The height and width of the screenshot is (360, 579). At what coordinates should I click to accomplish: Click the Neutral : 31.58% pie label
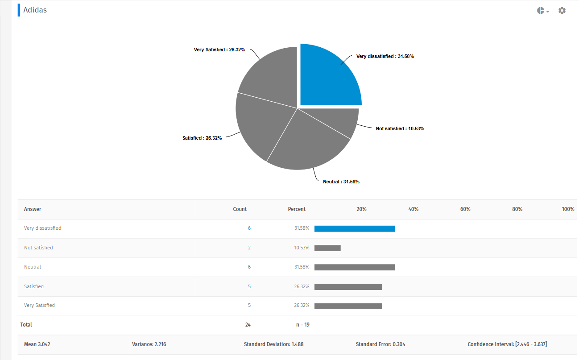[x=341, y=182]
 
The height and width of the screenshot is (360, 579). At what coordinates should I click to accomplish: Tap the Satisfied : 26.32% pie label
[x=202, y=138]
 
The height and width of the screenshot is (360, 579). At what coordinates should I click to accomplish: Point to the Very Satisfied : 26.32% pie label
[x=219, y=50]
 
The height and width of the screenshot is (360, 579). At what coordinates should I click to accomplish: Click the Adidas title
[x=35, y=10]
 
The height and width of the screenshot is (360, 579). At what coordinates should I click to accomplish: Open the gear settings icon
[x=562, y=10]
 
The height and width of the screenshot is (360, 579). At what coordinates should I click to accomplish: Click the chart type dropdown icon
[x=543, y=11]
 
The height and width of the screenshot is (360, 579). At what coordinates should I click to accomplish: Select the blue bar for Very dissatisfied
[x=355, y=228]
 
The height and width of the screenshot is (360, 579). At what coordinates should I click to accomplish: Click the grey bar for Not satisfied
[x=327, y=248]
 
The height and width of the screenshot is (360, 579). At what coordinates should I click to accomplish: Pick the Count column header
[x=240, y=209]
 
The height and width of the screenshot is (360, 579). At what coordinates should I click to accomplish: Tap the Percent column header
[x=297, y=209]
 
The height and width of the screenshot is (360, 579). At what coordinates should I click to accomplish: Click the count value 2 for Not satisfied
[x=249, y=248]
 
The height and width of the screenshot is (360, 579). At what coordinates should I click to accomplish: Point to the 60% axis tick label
[x=465, y=209]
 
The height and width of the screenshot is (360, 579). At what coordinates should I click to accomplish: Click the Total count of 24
[x=248, y=325]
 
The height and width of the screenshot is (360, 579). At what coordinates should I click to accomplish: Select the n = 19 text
[x=303, y=325]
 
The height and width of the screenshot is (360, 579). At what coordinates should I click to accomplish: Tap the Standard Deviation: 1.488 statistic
[x=274, y=344]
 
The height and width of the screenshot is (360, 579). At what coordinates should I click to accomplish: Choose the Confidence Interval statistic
[x=507, y=344]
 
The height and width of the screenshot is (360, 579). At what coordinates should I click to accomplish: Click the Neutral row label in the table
[x=33, y=267]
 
